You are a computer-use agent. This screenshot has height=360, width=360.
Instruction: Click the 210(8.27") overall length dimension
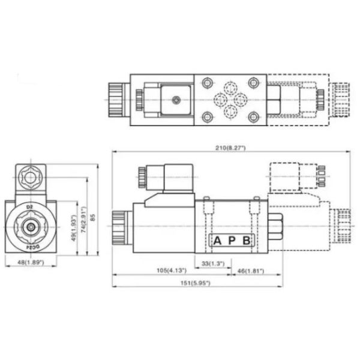pos(230,148)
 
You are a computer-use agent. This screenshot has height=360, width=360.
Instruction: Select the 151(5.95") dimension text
pos(195,283)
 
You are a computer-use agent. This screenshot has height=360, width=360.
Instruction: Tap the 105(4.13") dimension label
pos(172,271)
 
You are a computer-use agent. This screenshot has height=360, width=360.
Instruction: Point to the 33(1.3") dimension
pos(213,263)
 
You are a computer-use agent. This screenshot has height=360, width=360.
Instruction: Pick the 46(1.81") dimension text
pos(251,271)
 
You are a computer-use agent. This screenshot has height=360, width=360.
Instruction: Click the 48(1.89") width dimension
pos(31,262)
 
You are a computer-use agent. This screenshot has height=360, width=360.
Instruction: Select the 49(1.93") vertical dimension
pos(74,228)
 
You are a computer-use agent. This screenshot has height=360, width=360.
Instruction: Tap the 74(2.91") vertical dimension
pos(83,220)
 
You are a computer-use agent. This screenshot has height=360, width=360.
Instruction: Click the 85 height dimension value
pos(92,217)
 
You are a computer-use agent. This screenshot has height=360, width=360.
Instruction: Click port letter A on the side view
pos(217,241)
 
